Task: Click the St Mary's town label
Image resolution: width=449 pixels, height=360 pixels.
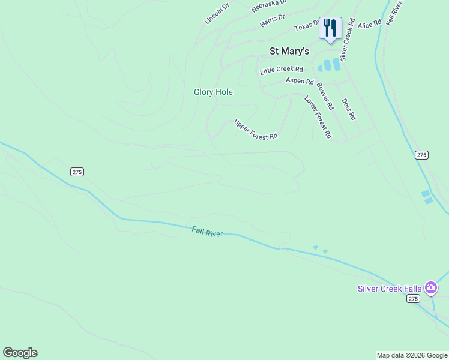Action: [289, 52]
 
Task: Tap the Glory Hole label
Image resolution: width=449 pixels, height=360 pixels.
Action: [213, 92]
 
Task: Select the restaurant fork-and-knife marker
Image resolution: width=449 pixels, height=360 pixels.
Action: [330, 28]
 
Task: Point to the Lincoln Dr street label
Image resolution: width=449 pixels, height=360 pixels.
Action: [217, 14]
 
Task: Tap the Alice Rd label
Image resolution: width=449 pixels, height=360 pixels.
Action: [369, 24]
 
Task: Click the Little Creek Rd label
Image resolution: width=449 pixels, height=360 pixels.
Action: [282, 70]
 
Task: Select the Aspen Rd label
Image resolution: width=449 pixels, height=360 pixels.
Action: [300, 81]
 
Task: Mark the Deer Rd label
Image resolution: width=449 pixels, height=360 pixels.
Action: [349, 109]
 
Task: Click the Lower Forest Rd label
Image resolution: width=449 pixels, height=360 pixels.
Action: [318, 117]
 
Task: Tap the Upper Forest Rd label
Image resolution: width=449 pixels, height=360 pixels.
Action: [256, 129]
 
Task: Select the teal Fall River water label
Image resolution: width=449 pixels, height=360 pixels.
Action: [207, 232]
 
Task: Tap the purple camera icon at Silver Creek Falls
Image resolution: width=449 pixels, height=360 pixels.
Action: [430, 288]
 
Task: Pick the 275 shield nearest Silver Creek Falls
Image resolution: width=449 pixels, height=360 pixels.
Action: [412, 298]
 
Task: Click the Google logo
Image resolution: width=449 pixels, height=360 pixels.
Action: [20, 353]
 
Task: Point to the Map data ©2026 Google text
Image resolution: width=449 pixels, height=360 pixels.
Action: [412, 355]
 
